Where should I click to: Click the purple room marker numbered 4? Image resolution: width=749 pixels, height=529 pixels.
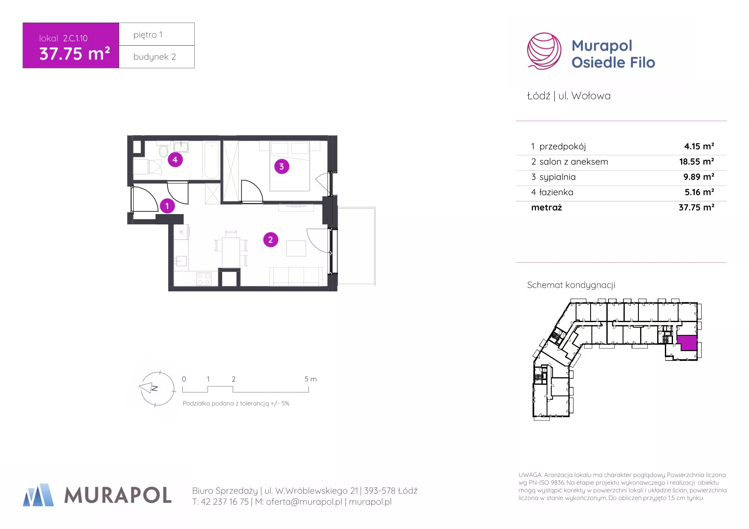(x=175, y=160)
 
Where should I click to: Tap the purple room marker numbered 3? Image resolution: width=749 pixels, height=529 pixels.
(x=281, y=166)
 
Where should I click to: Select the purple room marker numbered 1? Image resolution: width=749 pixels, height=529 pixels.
(x=167, y=206)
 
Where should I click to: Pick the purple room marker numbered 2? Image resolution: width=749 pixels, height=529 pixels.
(x=270, y=240)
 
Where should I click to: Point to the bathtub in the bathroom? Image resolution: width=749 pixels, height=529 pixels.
(x=211, y=160)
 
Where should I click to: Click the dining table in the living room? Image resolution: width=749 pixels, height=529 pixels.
(x=231, y=252)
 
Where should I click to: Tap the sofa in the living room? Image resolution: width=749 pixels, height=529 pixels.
(x=296, y=276)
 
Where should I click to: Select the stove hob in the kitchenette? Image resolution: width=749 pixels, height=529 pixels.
(x=204, y=279)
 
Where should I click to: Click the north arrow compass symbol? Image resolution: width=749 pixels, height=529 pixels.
(x=157, y=389)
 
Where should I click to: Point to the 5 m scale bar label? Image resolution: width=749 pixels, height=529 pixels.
(x=310, y=379)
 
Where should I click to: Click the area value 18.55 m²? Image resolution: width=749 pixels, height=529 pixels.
(x=696, y=162)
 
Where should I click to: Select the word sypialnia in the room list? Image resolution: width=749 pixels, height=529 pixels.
(x=557, y=177)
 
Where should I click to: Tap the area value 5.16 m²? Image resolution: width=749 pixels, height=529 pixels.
(x=699, y=192)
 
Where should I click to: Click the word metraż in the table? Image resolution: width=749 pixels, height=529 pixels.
(x=547, y=207)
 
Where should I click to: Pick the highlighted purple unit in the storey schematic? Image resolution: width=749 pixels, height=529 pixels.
(x=687, y=343)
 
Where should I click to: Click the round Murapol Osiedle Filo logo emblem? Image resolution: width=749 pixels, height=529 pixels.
(x=544, y=51)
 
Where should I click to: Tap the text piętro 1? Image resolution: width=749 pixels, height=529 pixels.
(x=148, y=35)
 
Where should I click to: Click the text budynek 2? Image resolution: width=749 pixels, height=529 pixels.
(x=155, y=57)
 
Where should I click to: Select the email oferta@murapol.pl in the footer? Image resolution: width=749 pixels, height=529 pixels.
(x=304, y=502)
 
